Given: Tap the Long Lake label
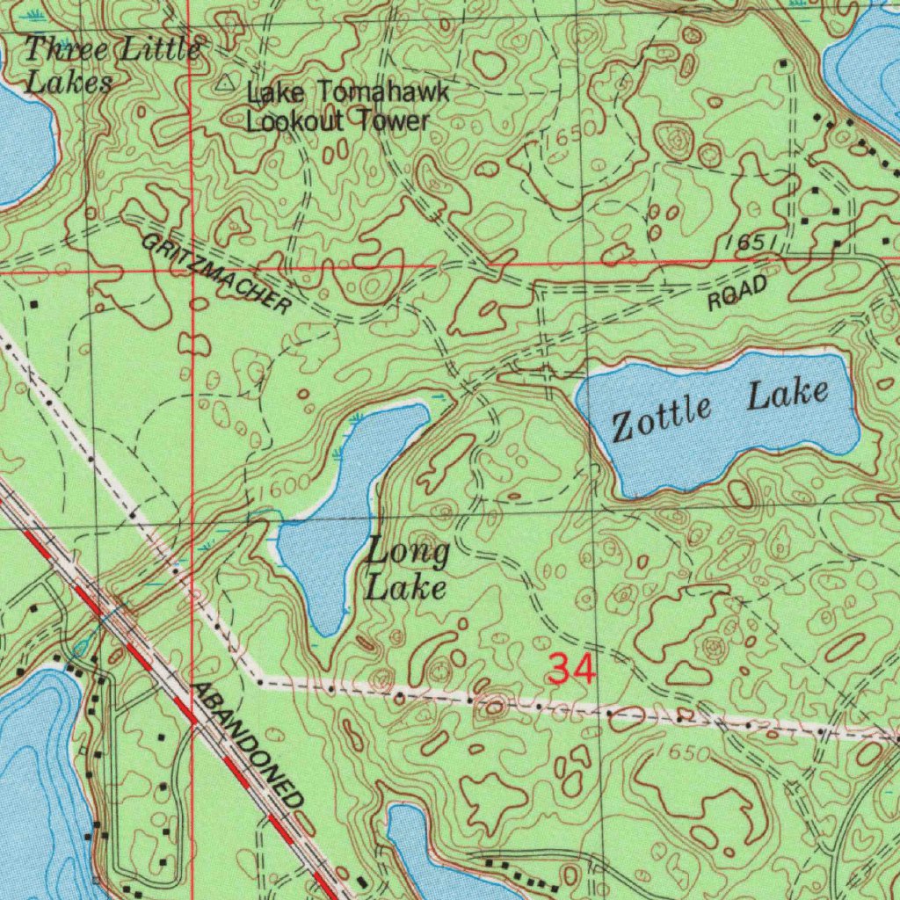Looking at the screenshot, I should coord(407,570).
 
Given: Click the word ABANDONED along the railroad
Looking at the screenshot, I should coord(248,744).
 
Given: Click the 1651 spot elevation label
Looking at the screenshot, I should coord(752,243).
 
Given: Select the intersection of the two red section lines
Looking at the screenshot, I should coord(192,270).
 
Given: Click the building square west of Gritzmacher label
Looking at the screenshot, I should coord(34,304).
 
